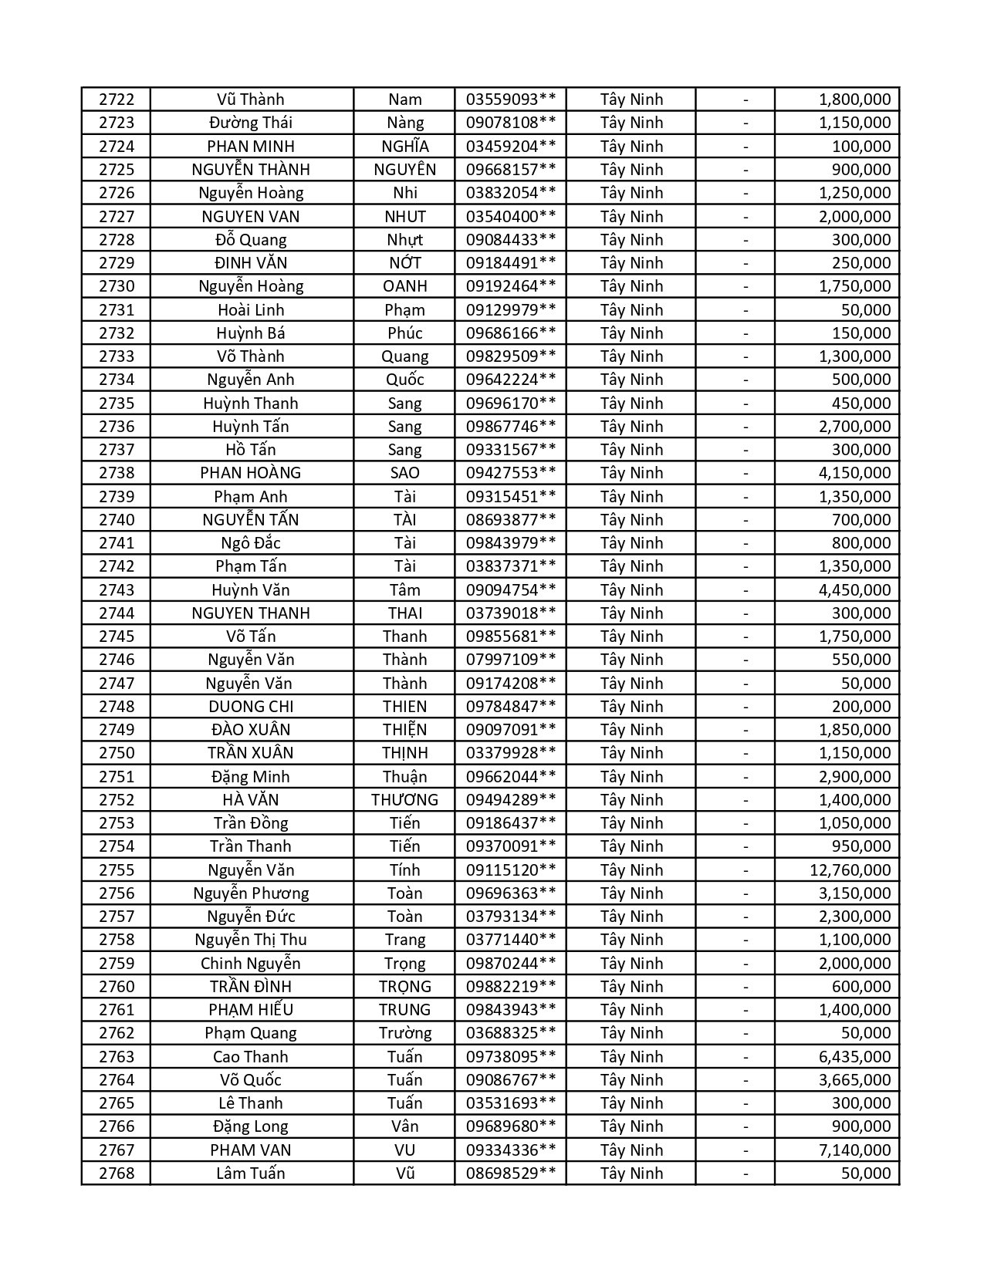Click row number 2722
(117, 100)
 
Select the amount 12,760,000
(850, 870)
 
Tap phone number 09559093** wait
(510, 100)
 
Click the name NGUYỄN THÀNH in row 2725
(251, 170)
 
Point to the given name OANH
(404, 286)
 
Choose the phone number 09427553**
(510, 473)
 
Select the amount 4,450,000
(854, 590)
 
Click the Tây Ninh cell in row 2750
(631, 753)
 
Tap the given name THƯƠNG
(404, 800)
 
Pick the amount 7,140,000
(854, 1150)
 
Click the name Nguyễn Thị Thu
(251, 940)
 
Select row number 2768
(117, 1173)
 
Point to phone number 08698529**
(510, 1173)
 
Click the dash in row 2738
(746, 473)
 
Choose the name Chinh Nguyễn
(251, 964)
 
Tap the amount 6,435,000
(854, 1057)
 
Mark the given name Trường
(404, 1033)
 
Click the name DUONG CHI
(251, 707)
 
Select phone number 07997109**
(510, 660)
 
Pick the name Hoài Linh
(251, 310)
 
